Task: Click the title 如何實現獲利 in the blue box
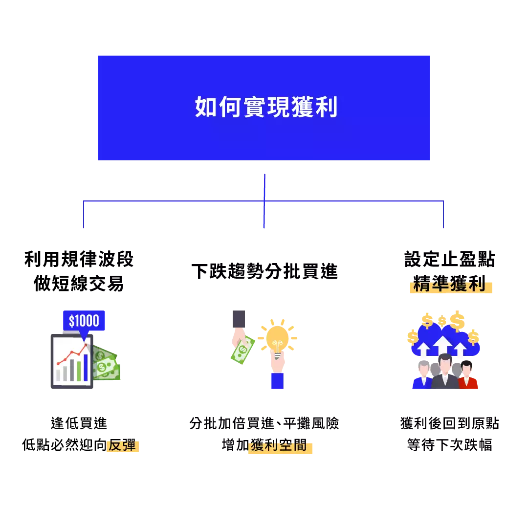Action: pyautogui.click(x=266, y=108)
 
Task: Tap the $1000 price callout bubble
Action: pyautogui.click(x=84, y=321)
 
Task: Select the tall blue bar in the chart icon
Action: pyautogui.click(x=86, y=367)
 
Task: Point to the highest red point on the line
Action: pyautogui.click(x=87, y=346)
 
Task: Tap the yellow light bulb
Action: pyautogui.click(x=279, y=337)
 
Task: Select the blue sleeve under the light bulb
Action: pyautogui.click(x=277, y=380)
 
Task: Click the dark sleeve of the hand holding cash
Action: pyautogui.click(x=239, y=318)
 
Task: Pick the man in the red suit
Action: pyautogui.click(x=468, y=377)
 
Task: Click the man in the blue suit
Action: pyautogui.click(x=423, y=378)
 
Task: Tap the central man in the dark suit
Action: pyautogui.click(x=445, y=374)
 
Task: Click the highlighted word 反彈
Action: pyautogui.click(x=122, y=446)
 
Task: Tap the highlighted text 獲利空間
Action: pyautogui.click(x=280, y=446)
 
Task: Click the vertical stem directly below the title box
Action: pyautogui.click(x=264, y=186)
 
